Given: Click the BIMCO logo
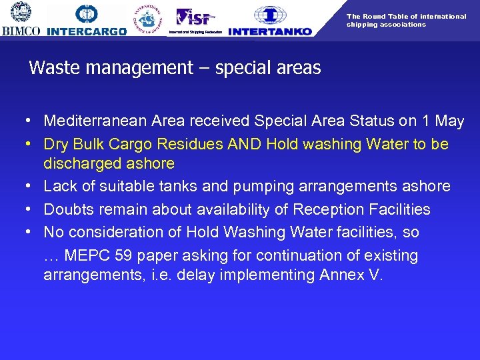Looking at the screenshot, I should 21,18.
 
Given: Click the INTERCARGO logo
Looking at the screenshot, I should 87,20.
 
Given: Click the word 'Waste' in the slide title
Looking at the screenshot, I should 54,68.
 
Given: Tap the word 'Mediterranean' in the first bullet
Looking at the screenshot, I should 95,121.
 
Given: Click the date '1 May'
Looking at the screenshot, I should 443,121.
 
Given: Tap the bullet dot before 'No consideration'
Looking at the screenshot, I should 31,232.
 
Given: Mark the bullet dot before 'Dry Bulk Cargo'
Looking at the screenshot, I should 31,144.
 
